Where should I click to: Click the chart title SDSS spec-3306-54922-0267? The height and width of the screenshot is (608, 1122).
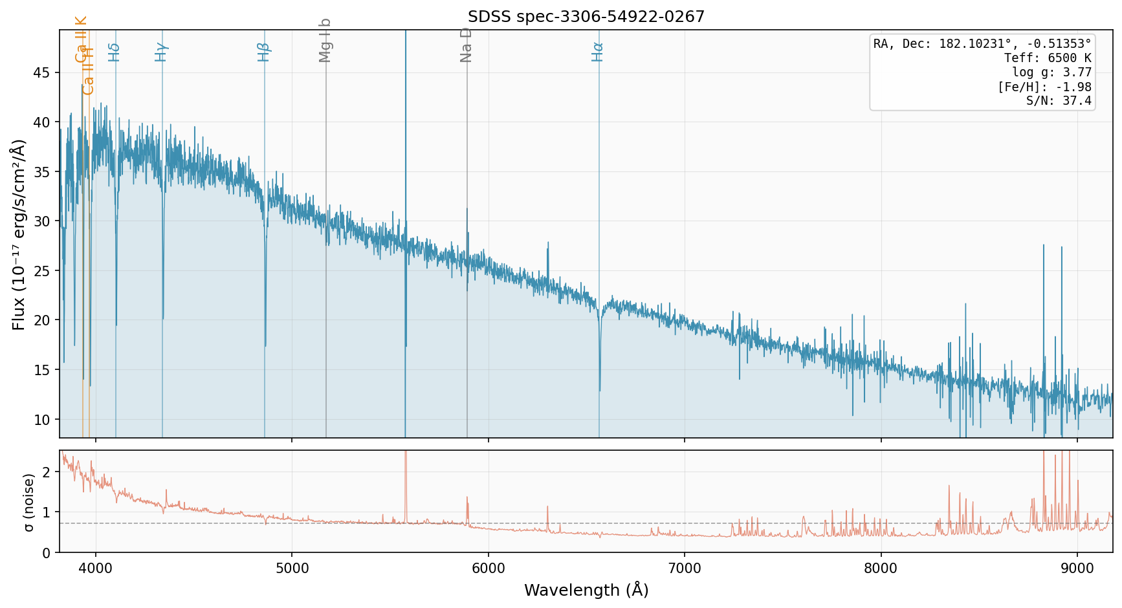tap(586, 17)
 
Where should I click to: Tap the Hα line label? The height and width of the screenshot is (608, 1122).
tap(598, 52)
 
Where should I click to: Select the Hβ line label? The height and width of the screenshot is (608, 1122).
tap(263, 52)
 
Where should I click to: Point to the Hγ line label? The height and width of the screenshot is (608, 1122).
tap(161, 52)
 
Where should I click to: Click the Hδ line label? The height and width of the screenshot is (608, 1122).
tap(115, 52)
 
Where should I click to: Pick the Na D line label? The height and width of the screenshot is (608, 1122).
tap(466, 45)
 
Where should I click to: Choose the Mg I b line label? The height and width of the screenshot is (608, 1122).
tap(325, 40)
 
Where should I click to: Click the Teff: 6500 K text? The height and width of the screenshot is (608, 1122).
tap(1048, 58)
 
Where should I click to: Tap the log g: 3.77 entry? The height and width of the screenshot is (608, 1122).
tap(1051, 72)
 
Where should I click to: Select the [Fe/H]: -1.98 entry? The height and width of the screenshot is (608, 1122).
tap(1044, 87)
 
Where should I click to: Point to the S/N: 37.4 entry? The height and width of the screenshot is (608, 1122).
tap(1059, 101)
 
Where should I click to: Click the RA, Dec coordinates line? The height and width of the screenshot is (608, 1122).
tap(982, 44)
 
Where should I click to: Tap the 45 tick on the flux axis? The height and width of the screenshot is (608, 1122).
tap(41, 72)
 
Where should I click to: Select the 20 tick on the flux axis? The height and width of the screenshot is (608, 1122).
tap(41, 320)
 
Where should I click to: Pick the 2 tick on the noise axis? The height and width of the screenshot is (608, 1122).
tap(45, 472)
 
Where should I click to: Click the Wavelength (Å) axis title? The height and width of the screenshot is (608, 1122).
tap(586, 590)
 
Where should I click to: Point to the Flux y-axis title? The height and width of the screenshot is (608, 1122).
tap(19, 234)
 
